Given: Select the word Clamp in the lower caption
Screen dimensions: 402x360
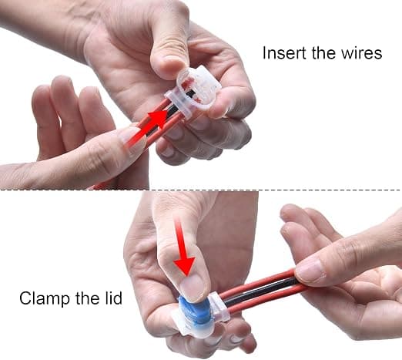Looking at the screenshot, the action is click(45, 298).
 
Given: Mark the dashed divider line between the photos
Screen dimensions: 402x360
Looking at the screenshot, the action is click(201, 190).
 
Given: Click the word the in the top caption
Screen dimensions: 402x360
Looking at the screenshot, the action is click(324, 53).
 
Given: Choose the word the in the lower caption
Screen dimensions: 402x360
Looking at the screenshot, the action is click(87, 298).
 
